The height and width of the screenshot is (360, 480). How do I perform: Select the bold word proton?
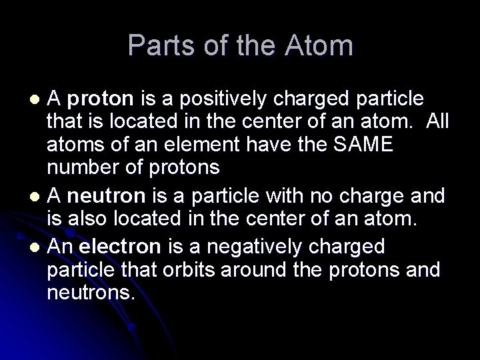pyautogui.click(x=100, y=99)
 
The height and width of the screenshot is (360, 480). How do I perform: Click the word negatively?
pyautogui.click(x=259, y=246)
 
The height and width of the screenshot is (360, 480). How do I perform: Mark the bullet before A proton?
pyautogui.click(x=37, y=99)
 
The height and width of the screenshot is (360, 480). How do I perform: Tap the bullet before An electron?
pyautogui.click(x=37, y=247)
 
